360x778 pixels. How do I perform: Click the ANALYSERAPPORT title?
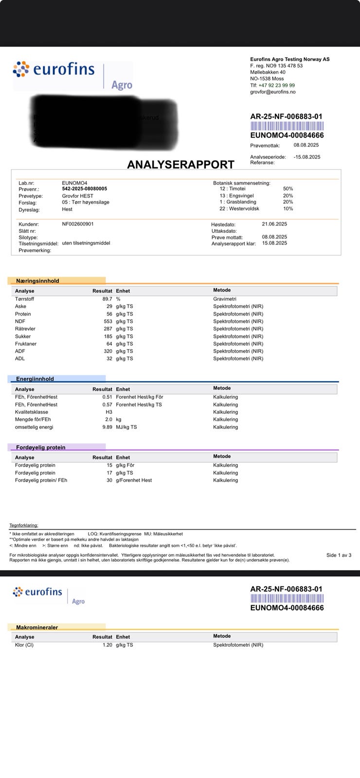coord(180,164)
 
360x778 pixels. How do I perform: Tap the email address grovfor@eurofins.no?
coord(272,92)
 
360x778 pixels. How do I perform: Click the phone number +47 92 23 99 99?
coord(276,85)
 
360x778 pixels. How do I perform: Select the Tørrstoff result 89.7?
coord(107,299)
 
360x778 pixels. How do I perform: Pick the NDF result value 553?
coord(107,321)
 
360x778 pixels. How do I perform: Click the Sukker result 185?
coord(107,336)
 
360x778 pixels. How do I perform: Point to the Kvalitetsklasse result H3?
coord(109,412)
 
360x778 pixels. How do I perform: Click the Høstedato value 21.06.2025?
coord(274,224)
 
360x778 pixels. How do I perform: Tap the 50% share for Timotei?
coord(288,189)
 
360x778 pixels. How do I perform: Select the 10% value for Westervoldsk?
coord(288,209)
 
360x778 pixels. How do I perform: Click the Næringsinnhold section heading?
coord(37,281)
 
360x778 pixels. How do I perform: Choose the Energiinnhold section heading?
coord(35,379)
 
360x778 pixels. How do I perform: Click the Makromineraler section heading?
coord(37,627)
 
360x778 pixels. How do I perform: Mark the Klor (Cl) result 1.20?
coord(107,645)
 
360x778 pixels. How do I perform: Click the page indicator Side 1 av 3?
coord(339,555)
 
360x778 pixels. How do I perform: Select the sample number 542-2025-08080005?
coord(85,189)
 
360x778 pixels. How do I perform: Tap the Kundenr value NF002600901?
coord(78,224)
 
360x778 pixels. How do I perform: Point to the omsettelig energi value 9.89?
coord(107,427)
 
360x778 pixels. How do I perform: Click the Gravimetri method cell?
coord(225,299)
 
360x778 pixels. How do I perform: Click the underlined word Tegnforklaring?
coord(23,525)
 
